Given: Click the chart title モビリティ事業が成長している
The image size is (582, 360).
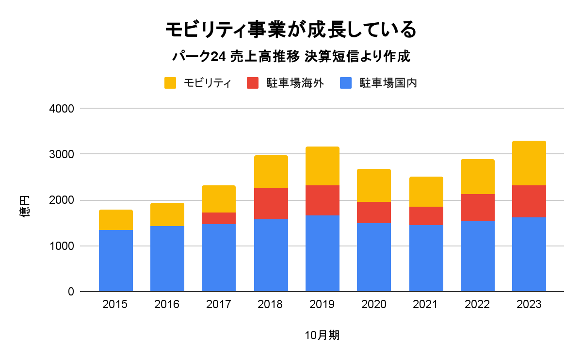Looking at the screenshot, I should click(x=291, y=30).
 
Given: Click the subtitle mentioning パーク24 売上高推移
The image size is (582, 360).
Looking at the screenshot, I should click(x=291, y=57).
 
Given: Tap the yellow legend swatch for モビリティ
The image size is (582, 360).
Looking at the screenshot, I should click(x=170, y=83).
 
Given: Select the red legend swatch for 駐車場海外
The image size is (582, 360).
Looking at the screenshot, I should click(x=253, y=83).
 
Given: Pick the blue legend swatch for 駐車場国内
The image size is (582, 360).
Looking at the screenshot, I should click(x=345, y=83).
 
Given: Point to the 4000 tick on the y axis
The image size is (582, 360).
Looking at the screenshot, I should click(x=62, y=109).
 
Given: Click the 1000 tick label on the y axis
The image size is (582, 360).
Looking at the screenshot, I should click(x=62, y=246).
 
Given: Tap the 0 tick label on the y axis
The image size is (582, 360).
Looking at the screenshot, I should click(x=70, y=292).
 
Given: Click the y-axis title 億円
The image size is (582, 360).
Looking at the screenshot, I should click(x=25, y=206).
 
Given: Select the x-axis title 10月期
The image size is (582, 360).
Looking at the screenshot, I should click(x=322, y=335).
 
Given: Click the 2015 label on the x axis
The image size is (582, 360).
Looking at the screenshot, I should click(x=115, y=305).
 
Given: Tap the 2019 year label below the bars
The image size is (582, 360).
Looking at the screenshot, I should click(x=322, y=305).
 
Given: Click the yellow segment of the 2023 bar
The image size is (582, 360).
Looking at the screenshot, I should click(x=529, y=163).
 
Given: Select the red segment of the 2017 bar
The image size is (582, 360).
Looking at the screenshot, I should click(x=219, y=218).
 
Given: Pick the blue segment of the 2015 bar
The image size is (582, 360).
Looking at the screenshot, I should click(x=116, y=261).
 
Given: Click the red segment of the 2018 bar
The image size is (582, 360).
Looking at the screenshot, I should click(x=271, y=204).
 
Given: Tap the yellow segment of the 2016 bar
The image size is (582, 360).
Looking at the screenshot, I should click(x=167, y=214).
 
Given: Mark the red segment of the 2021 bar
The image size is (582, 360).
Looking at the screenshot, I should click(x=426, y=216).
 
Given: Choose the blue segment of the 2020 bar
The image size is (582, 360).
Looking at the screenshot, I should click(x=374, y=258).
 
